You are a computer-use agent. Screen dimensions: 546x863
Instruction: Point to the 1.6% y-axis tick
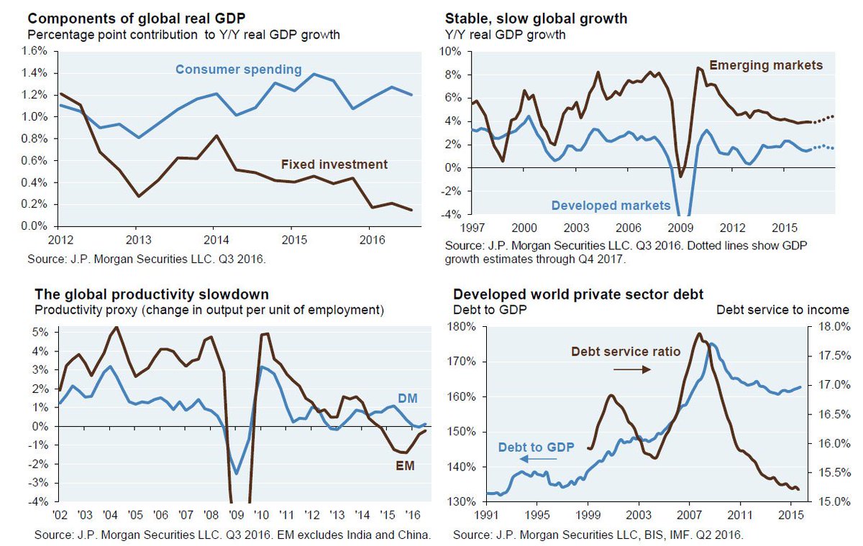point(35,51)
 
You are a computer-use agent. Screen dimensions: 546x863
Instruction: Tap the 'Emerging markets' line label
point(765,65)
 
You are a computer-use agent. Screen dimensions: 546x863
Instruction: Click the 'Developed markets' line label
point(611,205)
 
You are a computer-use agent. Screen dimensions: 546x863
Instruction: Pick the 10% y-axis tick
point(456,52)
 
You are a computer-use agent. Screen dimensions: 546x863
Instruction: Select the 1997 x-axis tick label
point(471,227)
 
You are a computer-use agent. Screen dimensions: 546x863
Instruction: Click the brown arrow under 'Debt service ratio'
point(631,369)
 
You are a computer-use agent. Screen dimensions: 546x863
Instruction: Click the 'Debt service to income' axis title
point(782,310)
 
